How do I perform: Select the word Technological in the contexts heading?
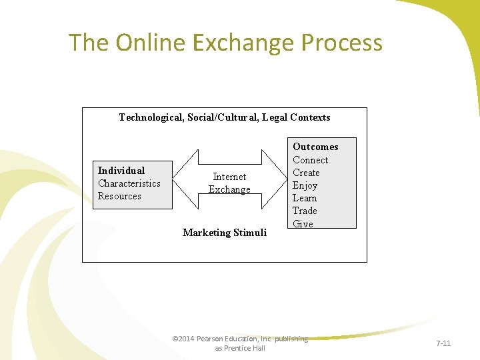151,117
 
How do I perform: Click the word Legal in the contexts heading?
275,117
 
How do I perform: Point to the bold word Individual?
121,171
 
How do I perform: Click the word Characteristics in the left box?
129,183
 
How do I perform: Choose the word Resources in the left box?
119,196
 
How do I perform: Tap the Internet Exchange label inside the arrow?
229,183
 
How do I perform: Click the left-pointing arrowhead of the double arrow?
187,179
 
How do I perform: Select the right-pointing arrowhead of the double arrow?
273,179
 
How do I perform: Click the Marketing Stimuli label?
224,233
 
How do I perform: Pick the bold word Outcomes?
315,147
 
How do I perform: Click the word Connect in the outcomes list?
310,160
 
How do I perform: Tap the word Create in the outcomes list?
306,173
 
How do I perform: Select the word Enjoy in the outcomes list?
305,185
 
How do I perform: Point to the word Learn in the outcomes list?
305,198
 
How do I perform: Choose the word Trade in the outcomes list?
305,211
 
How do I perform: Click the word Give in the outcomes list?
303,224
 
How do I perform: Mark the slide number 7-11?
443,343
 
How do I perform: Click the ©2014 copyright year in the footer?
183,339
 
